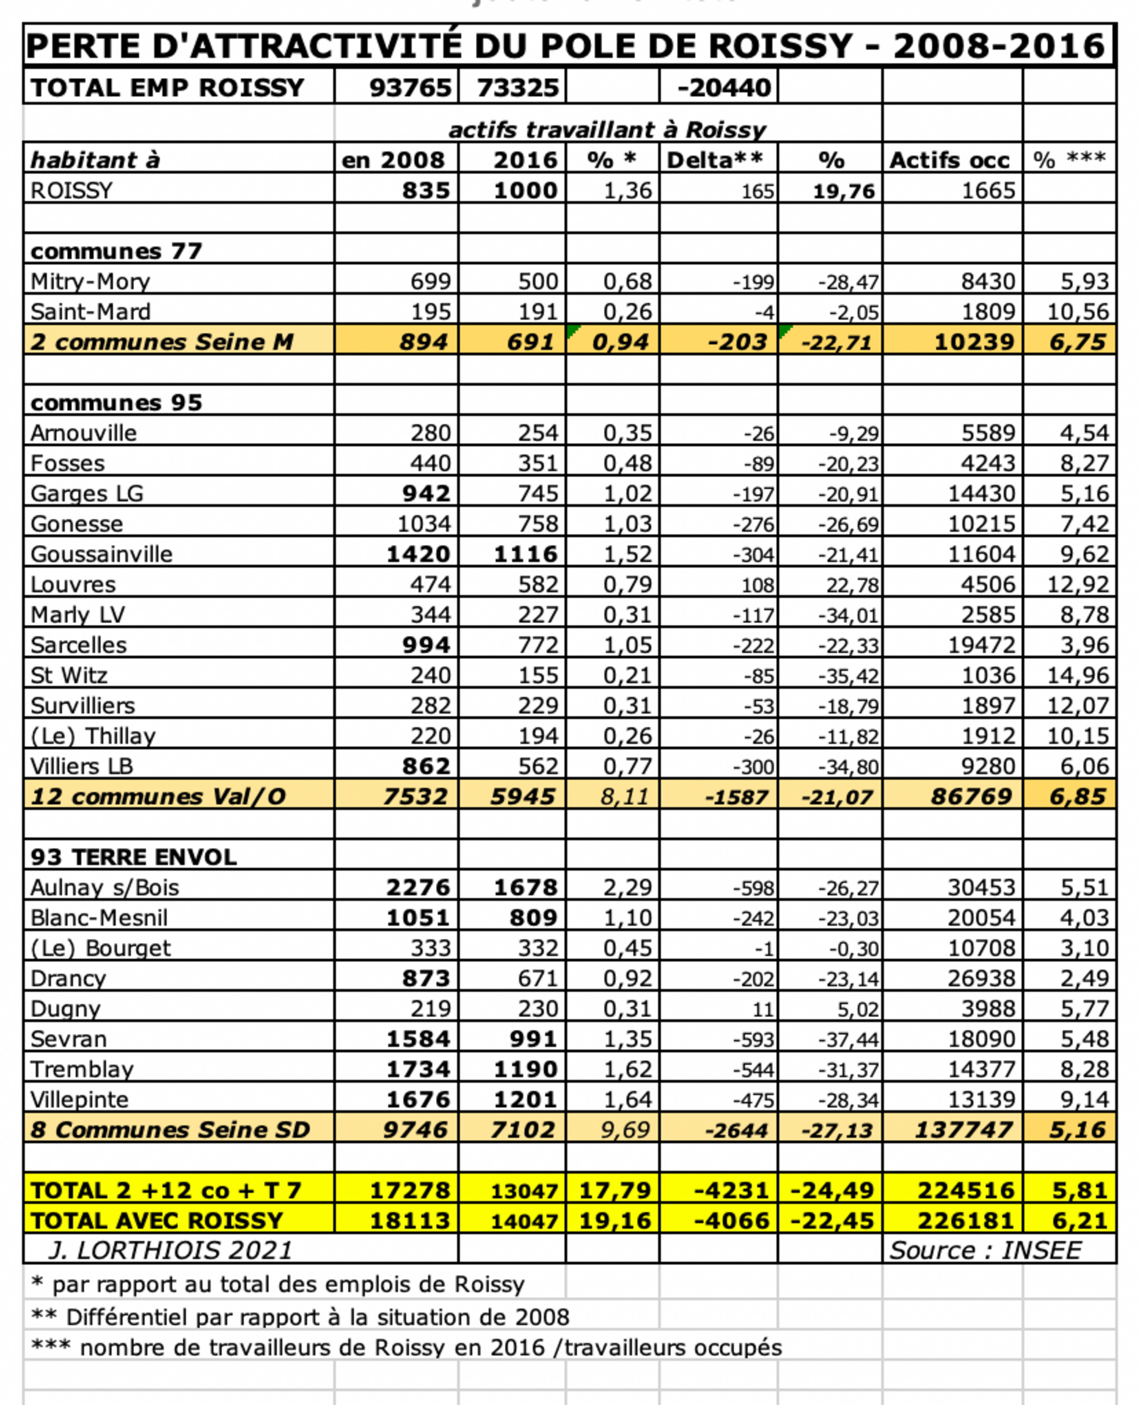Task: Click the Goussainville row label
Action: [x=101, y=554]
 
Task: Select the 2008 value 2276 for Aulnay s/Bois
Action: [x=418, y=888]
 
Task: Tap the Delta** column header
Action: [x=715, y=160]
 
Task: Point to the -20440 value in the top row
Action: [x=724, y=88]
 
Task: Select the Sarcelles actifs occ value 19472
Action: [x=981, y=645]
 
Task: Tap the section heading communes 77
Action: [x=116, y=251]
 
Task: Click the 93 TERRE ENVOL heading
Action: [x=133, y=857]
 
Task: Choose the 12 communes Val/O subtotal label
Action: [x=158, y=797]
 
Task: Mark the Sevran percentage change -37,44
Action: [x=848, y=1039]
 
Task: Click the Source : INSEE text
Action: [x=985, y=1250]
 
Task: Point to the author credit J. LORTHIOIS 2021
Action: [x=170, y=1250]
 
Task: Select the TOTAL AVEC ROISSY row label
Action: [x=157, y=1220]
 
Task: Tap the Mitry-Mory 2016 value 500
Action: [x=538, y=281]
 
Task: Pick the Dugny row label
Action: [x=66, y=1009]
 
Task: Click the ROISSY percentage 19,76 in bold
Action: [x=843, y=191]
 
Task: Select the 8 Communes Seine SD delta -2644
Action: [x=735, y=1130]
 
